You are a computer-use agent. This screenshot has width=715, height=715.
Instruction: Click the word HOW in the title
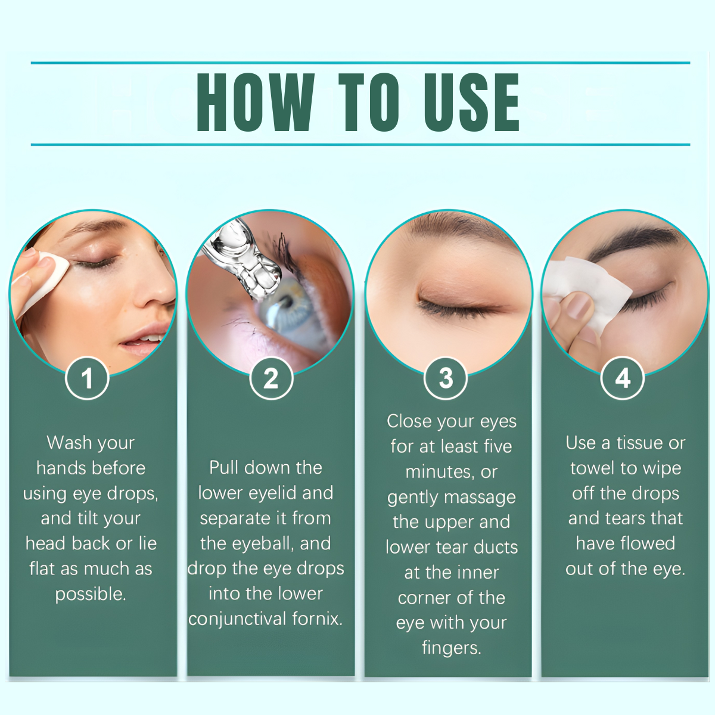tap(256, 102)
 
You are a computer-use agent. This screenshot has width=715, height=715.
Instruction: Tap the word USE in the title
tap(471, 102)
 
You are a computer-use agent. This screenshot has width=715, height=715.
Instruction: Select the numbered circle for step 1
tap(87, 378)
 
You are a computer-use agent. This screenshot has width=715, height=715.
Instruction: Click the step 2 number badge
tap(271, 378)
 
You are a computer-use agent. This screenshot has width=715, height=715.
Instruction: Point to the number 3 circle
tap(446, 378)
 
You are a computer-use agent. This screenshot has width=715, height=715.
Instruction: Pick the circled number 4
tap(623, 378)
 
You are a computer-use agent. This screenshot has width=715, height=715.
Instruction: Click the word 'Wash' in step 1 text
tap(64, 443)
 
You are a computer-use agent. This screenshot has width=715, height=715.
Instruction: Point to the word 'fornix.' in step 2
tap(317, 618)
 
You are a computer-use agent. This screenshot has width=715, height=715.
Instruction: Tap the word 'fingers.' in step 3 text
tap(452, 648)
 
